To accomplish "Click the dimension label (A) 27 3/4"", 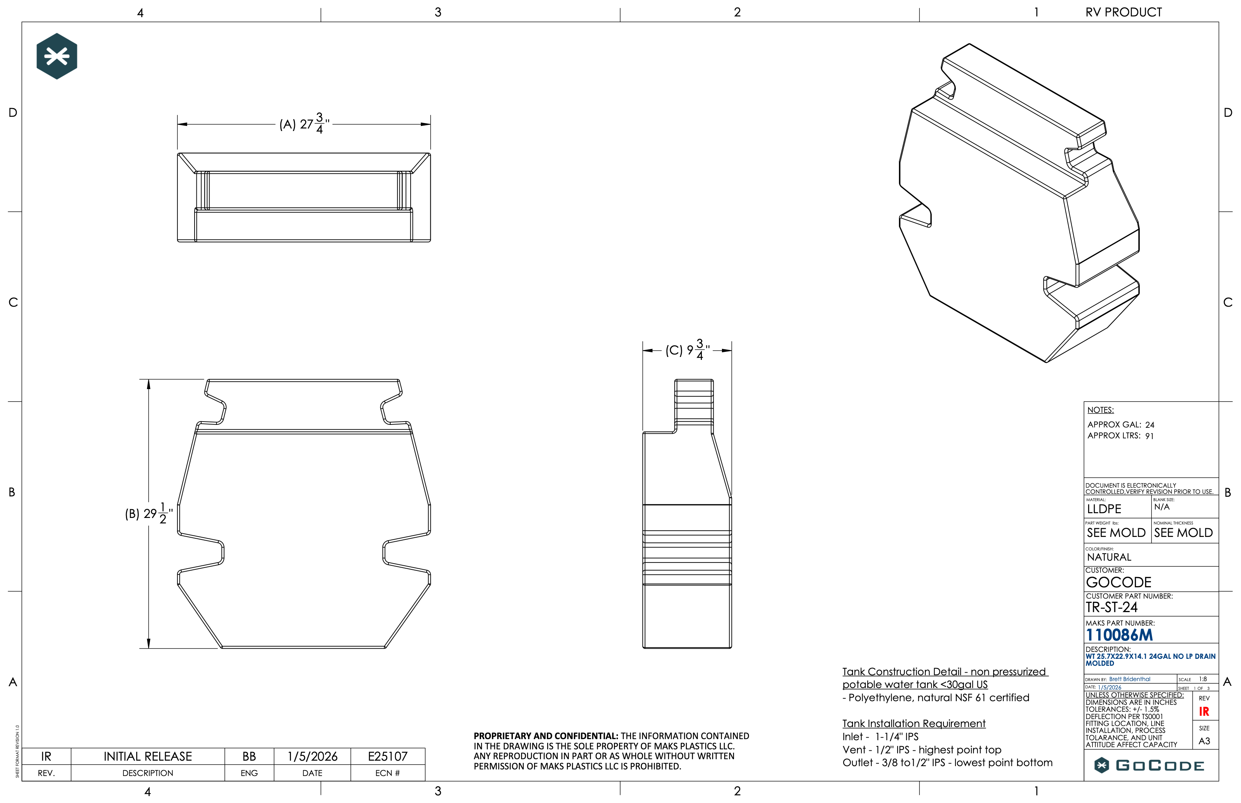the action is pyautogui.click(x=304, y=124).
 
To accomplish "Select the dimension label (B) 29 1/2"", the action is pyautogui.click(x=149, y=514).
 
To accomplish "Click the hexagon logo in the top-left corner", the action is pyautogui.click(x=57, y=56).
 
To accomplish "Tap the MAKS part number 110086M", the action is pyautogui.click(x=1119, y=635).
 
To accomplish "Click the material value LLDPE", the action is pyautogui.click(x=1104, y=509).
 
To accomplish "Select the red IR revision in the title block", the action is pyautogui.click(x=1204, y=712).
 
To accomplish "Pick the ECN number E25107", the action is pyautogui.click(x=387, y=756).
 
